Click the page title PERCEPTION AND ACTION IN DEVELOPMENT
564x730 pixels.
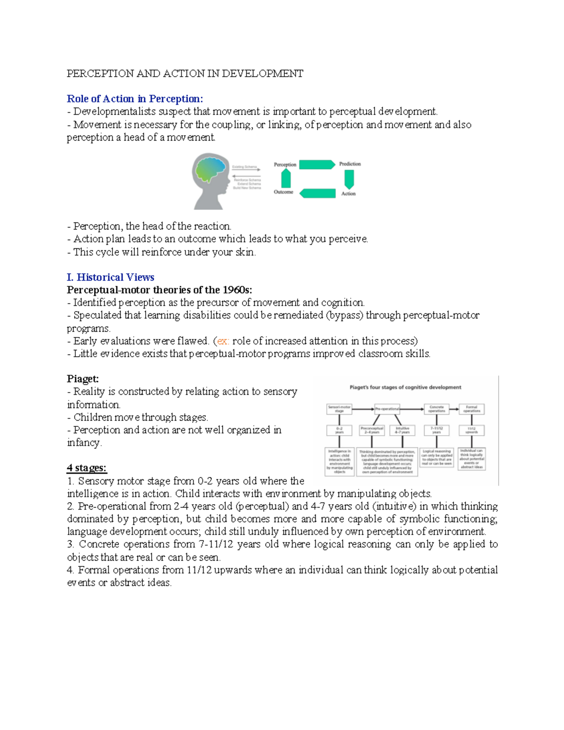pyautogui.click(x=185, y=73)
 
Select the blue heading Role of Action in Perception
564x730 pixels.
pyautogui.click(x=135, y=99)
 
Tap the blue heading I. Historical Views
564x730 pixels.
pyautogui.click(x=110, y=277)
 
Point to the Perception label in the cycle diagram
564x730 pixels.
pyautogui.click(x=285, y=165)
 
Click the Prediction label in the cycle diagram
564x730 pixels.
pyautogui.click(x=350, y=164)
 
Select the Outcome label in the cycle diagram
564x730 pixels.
pyautogui.click(x=283, y=192)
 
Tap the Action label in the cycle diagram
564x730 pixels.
pyautogui.click(x=348, y=193)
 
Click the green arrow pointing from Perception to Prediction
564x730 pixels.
pyautogui.click(x=317, y=165)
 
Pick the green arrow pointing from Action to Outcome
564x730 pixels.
pyautogui.click(x=317, y=193)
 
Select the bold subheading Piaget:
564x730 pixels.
pyautogui.click(x=83, y=379)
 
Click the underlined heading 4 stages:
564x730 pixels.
pyautogui.click(x=86, y=468)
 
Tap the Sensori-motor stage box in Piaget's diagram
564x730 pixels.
pyautogui.click(x=339, y=409)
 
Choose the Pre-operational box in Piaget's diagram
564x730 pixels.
pyautogui.click(x=387, y=409)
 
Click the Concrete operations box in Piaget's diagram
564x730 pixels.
pyautogui.click(x=436, y=409)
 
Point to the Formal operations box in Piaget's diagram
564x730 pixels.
pyautogui.click(x=471, y=409)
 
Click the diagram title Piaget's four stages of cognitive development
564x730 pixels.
pyautogui.click(x=405, y=387)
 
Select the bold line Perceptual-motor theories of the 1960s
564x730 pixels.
pyautogui.click(x=159, y=290)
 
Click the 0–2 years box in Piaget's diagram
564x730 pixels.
pyautogui.click(x=339, y=430)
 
